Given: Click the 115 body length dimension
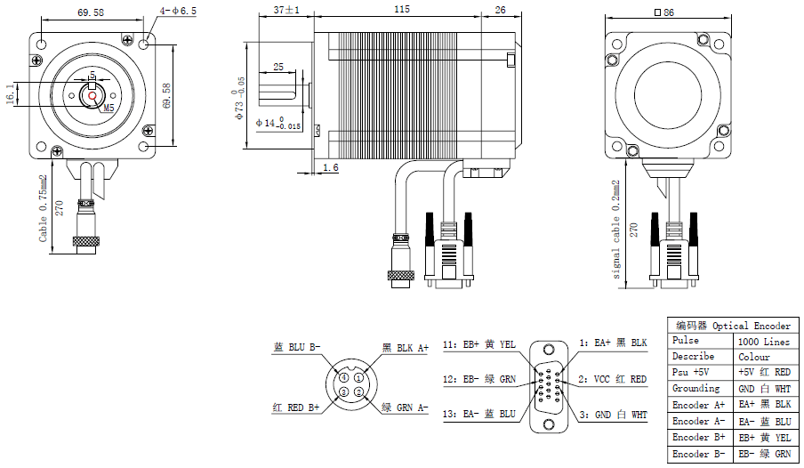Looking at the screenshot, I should (x=401, y=9).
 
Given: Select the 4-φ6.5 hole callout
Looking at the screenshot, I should (x=179, y=11).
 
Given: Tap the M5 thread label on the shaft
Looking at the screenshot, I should (x=109, y=108).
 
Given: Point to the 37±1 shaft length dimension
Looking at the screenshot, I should (x=286, y=10).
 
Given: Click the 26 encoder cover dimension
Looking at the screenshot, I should (x=500, y=9).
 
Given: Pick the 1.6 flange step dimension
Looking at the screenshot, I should (x=330, y=167).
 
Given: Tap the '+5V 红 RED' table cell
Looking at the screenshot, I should (x=764, y=373).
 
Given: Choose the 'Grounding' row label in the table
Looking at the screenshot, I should (x=696, y=389).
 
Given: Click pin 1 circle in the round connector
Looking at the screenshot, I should (x=358, y=378).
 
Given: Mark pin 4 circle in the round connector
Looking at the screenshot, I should (x=343, y=378).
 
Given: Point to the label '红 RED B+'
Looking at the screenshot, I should (x=296, y=407).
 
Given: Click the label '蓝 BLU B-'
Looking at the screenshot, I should (x=297, y=348).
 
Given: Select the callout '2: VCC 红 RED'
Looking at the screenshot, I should (x=614, y=379).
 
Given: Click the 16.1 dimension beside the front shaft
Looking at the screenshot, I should (x=10, y=94).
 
